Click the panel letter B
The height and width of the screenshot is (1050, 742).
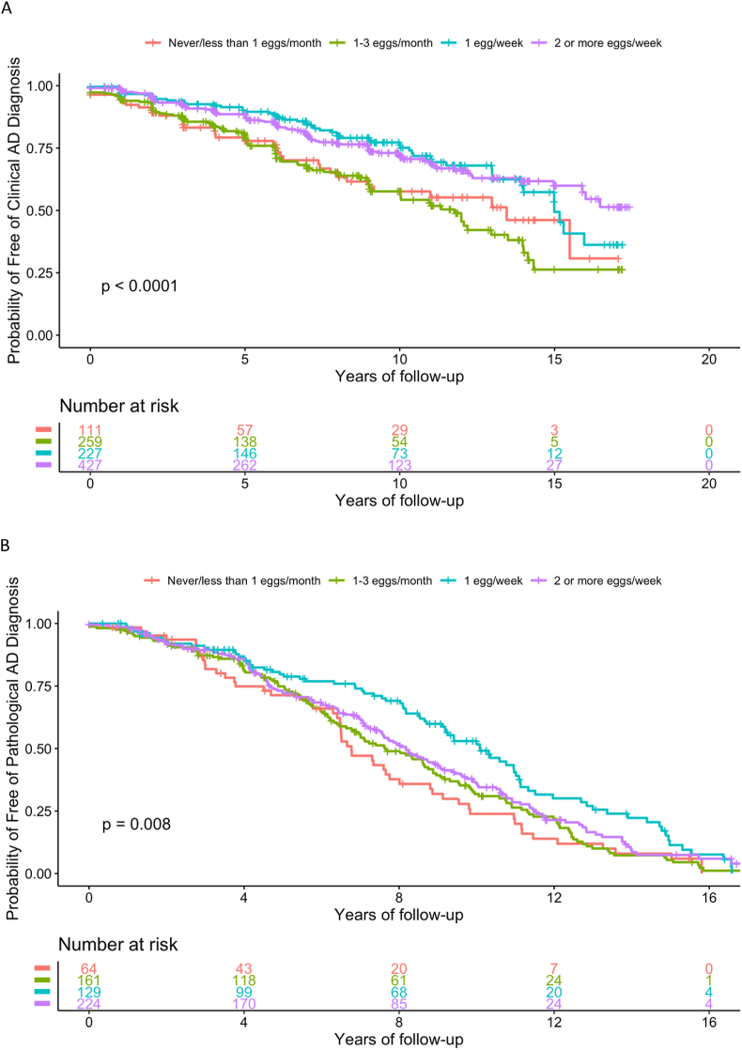click(8, 546)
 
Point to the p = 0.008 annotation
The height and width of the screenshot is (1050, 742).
click(136, 825)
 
